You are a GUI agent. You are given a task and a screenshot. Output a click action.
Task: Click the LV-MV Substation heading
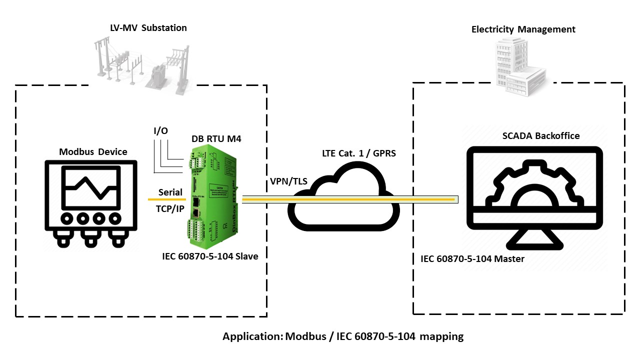pyautogui.click(x=148, y=27)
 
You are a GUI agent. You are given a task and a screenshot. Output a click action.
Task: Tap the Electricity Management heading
pyautogui.click(x=523, y=29)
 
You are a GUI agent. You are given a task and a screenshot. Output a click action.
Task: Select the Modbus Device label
pyautogui.click(x=93, y=151)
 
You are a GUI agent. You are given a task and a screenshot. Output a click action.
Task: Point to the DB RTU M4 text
pyautogui.click(x=216, y=139)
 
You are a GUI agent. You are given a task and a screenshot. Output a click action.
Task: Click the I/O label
pyautogui.click(x=160, y=131)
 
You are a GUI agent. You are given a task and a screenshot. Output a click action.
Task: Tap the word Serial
pyautogui.click(x=170, y=192)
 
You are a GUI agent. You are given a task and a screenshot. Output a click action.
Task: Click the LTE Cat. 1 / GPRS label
pyautogui.click(x=358, y=153)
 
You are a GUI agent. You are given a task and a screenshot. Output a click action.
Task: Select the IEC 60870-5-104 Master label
pyautogui.click(x=472, y=259)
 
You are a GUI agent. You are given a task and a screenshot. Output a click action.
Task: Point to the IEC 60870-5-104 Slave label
pyautogui.click(x=210, y=256)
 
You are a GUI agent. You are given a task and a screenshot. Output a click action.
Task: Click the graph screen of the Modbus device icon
pyautogui.click(x=90, y=187)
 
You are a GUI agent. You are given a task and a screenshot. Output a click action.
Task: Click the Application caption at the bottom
pyautogui.click(x=343, y=336)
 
